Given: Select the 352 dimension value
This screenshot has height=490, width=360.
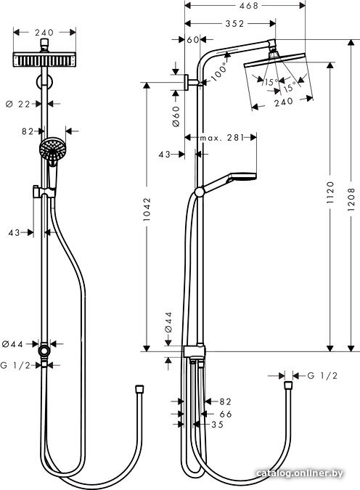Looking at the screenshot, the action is [x=234, y=23].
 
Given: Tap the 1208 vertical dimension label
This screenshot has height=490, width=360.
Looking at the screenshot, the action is [x=351, y=200].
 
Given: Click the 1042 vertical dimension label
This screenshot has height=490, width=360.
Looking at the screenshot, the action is [x=147, y=209].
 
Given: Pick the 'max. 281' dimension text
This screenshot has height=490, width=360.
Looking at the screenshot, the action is [x=221, y=137].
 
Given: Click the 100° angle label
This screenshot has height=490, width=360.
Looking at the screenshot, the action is [x=218, y=72].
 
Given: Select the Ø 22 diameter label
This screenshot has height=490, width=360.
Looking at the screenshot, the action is [x=18, y=104].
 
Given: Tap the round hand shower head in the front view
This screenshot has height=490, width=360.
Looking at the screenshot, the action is [x=52, y=150].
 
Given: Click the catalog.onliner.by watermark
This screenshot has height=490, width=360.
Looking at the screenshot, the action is [x=299, y=473].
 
